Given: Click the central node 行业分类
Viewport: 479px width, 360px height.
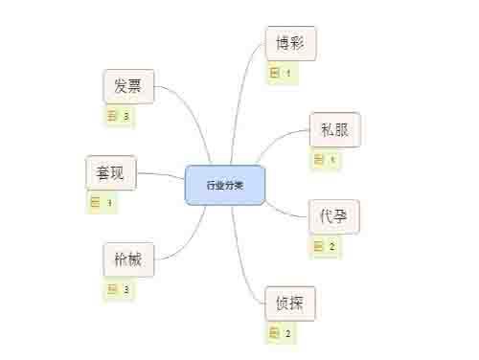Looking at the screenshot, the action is pyautogui.click(x=224, y=184).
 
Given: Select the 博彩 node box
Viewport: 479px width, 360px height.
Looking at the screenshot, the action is pyautogui.click(x=290, y=44).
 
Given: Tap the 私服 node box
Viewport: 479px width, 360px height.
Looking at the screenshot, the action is pyautogui.click(x=334, y=130).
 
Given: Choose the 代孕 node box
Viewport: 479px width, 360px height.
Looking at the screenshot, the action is pyautogui.click(x=333, y=217).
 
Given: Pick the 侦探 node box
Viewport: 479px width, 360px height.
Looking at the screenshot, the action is pyautogui.click(x=289, y=304).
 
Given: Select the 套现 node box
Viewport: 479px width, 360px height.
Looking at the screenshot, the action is pyautogui.click(x=110, y=173).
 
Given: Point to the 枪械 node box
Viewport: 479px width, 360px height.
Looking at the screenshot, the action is pyautogui.click(x=128, y=259).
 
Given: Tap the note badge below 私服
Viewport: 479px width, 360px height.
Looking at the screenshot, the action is pyautogui.click(x=325, y=160).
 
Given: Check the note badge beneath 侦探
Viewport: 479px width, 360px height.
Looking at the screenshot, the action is pyautogui.click(x=281, y=333).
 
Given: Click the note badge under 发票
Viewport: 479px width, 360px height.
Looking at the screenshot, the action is pyautogui.click(x=119, y=116).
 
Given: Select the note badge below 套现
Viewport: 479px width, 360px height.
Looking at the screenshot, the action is pyautogui.click(x=102, y=202).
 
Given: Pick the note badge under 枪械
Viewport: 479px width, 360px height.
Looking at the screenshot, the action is pyautogui.click(x=119, y=289).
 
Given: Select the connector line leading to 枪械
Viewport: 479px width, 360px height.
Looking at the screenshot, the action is pyautogui.click(x=187, y=244).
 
